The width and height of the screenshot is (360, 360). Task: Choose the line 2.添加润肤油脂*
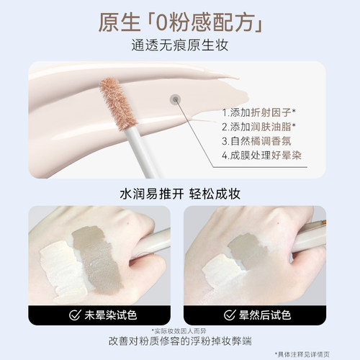click(264, 129)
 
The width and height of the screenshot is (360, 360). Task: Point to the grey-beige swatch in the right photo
click(248, 252)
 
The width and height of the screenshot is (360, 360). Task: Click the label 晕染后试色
click(265, 314)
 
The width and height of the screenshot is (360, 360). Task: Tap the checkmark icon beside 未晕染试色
click(73, 314)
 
